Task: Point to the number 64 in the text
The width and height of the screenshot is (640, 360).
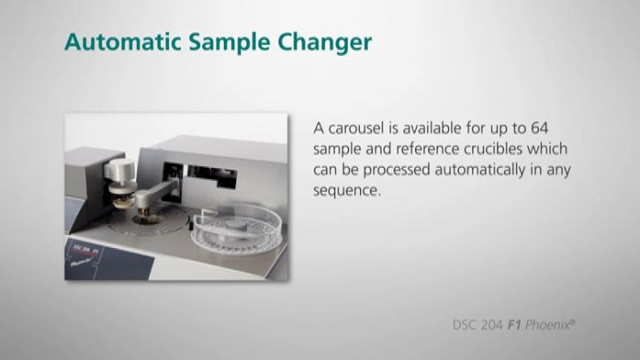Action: coord(539,128)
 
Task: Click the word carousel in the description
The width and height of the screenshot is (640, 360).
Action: coord(358,128)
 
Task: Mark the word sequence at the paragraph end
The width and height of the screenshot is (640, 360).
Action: coord(347,190)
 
